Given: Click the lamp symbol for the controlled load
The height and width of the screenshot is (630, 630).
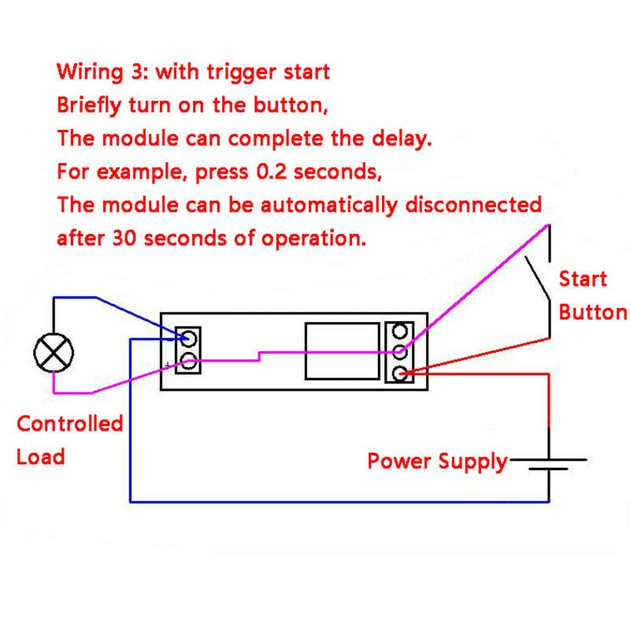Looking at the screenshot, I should (x=54, y=353).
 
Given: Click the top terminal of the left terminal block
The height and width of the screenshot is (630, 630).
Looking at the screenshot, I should (x=188, y=338).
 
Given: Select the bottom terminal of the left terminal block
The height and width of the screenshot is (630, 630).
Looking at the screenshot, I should (x=188, y=362).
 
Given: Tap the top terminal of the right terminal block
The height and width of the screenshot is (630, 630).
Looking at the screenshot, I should (x=399, y=331).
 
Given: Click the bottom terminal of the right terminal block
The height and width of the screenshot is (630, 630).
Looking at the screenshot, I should (x=399, y=374).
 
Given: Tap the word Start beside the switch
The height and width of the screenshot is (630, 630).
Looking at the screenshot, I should (x=583, y=278).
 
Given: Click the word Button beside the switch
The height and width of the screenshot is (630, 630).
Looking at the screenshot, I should (x=593, y=312).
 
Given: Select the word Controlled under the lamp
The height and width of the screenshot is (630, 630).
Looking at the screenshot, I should (x=69, y=423).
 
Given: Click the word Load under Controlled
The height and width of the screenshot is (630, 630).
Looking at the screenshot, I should (x=40, y=456).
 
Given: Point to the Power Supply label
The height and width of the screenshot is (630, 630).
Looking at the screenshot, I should (x=437, y=461).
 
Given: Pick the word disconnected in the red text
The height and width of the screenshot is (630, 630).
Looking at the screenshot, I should (x=472, y=205).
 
